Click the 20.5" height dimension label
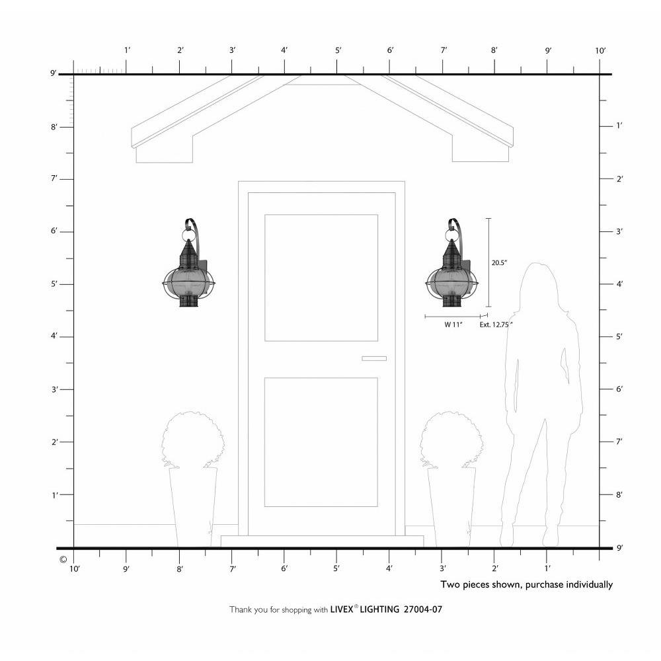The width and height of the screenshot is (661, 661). pyautogui.click(x=499, y=262)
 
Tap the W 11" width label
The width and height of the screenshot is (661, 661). pyautogui.click(x=453, y=325)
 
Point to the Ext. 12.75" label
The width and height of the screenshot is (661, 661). pyautogui.click(x=496, y=325)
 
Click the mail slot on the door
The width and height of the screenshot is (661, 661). pyautogui.click(x=374, y=358)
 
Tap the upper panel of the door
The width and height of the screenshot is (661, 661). pyautogui.click(x=321, y=278)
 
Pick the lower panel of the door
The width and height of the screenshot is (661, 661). pyautogui.click(x=321, y=442)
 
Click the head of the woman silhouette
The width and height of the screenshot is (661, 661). pyautogui.click(x=537, y=287)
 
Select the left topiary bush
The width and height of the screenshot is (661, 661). pyautogui.click(x=192, y=440)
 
